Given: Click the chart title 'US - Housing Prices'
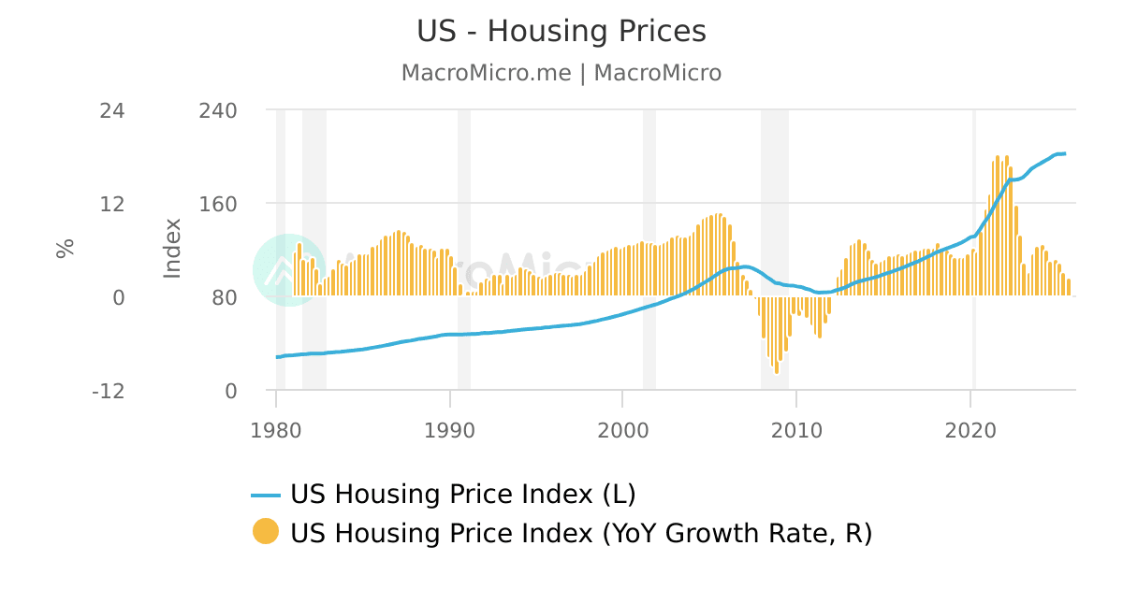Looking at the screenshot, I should [x=561, y=32].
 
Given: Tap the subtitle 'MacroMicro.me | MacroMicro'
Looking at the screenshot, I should [x=561, y=73].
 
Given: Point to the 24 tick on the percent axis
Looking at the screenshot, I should [x=112, y=110].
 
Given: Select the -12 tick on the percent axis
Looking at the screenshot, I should [x=109, y=391].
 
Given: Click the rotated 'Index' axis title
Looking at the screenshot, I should [x=172, y=248].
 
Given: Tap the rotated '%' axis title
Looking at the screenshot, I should [x=65, y=249].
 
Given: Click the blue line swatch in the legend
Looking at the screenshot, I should [x=266, y=495].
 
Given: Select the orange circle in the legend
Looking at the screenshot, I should [x=266, y=532].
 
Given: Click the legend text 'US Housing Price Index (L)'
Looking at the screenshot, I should [x=463, y=494].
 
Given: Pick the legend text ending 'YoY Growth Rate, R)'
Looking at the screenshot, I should [x=581, y=533].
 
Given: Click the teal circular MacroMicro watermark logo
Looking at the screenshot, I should [x=289, y=270].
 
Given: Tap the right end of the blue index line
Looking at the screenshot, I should [x=1064, y=153].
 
